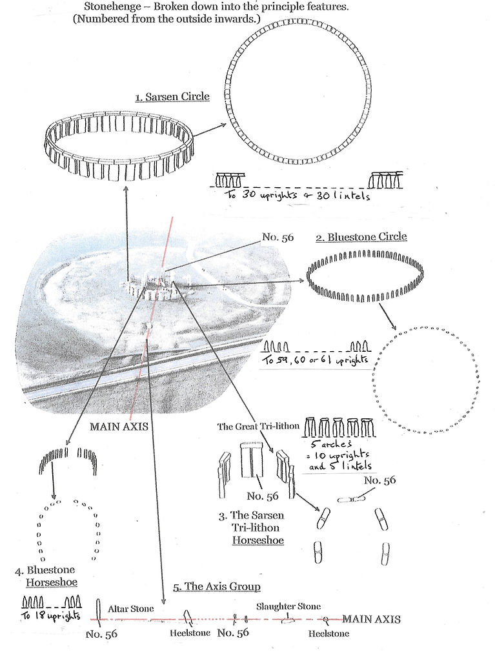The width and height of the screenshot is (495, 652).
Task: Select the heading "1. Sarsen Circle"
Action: point(172,97)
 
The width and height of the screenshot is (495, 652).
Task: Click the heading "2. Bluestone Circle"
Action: point(361,237)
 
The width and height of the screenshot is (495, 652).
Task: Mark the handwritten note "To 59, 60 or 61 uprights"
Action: point(316,360)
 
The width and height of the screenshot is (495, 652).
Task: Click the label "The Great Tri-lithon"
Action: point(258,426)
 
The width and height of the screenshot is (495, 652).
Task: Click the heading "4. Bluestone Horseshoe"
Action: point(50,576)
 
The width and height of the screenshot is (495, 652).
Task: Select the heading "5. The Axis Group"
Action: point(217,586)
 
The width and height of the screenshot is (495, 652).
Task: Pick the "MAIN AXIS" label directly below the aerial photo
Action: point(119,427)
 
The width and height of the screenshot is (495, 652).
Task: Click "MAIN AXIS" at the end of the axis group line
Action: point(371,619)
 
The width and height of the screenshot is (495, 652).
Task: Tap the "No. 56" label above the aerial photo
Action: point(278,238)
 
